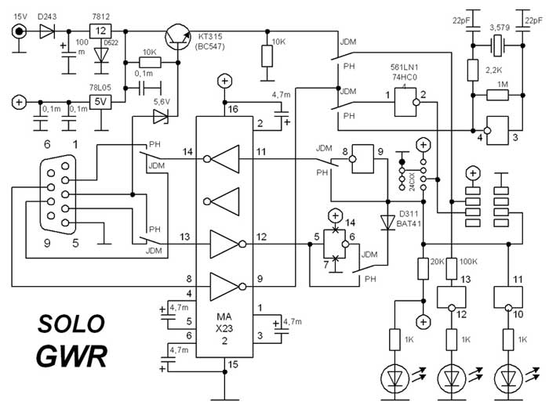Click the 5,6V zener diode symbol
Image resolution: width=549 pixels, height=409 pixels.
[161, 117]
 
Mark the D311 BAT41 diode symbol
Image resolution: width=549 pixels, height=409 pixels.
[385, 223]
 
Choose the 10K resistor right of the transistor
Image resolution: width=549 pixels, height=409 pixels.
[268, 56]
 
